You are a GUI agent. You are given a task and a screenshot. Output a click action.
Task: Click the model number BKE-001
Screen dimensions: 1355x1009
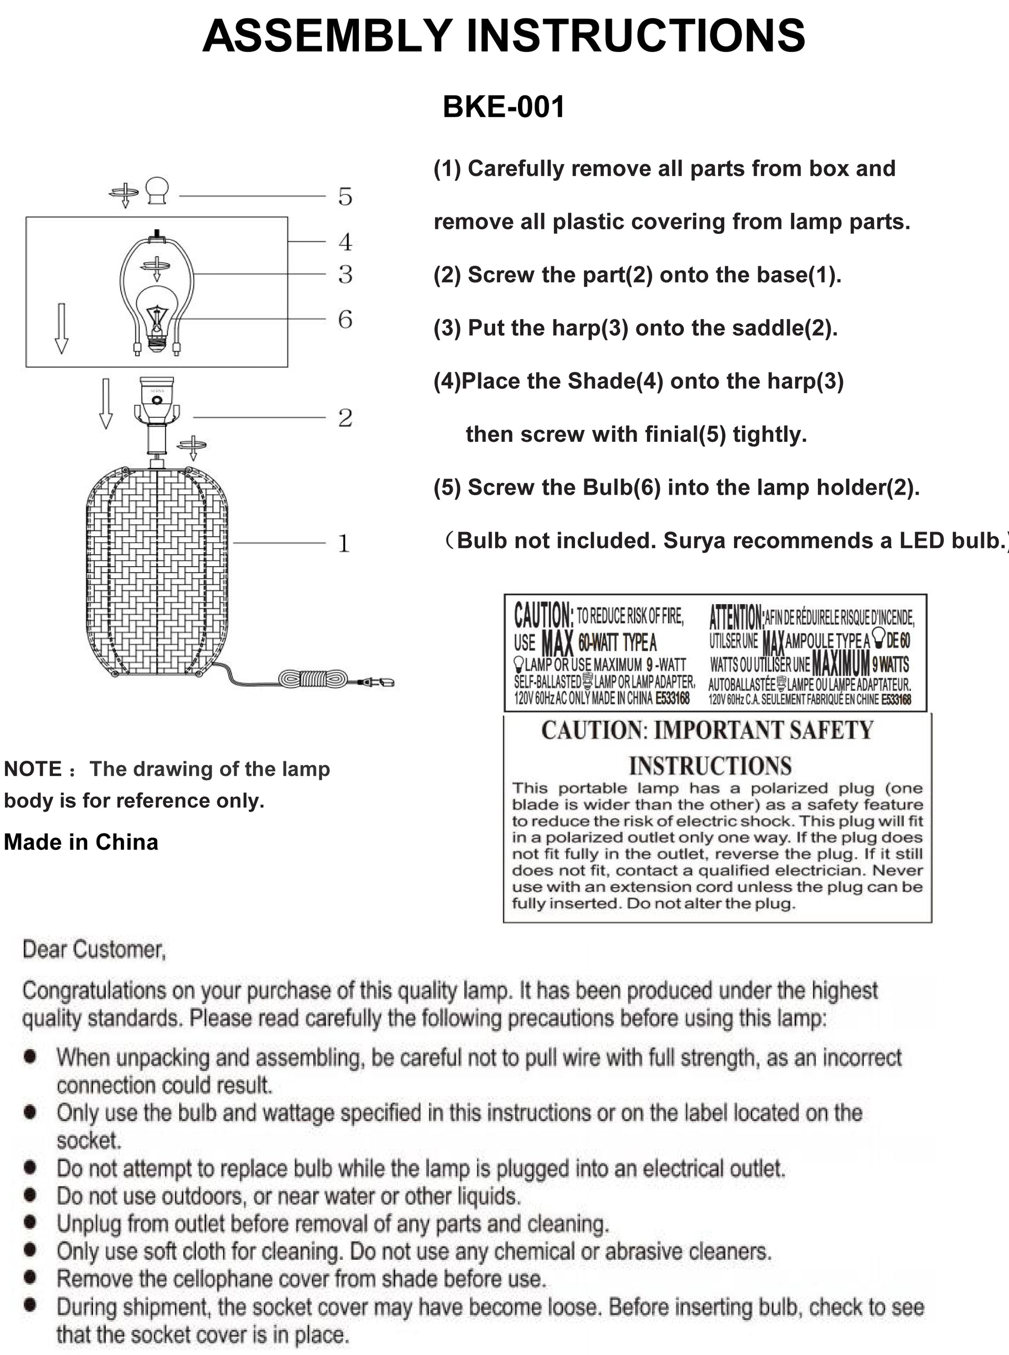(503, 107)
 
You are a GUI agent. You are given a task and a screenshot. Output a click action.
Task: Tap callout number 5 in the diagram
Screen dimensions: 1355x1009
(345, 197)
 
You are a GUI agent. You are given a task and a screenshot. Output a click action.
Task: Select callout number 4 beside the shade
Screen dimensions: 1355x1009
(345, 242)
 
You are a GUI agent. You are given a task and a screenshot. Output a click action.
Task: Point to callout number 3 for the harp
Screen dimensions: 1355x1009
(345, 274)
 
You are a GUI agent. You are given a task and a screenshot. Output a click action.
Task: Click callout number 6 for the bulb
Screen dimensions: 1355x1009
(345, 319)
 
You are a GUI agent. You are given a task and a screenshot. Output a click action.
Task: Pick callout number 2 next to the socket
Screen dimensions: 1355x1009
(345, 418)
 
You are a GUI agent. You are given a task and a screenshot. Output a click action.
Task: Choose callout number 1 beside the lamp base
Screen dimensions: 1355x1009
(344, 543)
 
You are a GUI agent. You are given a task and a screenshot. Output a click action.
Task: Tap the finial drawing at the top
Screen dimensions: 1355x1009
(157, 190)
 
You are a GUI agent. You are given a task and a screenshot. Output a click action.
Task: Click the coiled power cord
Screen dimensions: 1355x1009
(313, 678)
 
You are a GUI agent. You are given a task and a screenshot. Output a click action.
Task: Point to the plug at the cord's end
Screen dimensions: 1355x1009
(379, 682)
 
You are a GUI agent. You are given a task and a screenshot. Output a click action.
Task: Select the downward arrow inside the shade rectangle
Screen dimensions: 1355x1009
(62, 329)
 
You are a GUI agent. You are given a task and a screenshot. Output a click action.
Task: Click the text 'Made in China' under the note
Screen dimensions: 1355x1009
(81, 842)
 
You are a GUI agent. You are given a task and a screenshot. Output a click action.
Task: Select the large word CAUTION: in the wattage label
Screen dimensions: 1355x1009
(543, 614)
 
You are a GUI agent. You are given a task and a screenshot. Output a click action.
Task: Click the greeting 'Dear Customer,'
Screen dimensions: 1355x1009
(94, 949)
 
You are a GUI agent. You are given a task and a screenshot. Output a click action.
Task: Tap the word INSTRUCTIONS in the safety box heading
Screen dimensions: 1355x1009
(710, 766)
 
